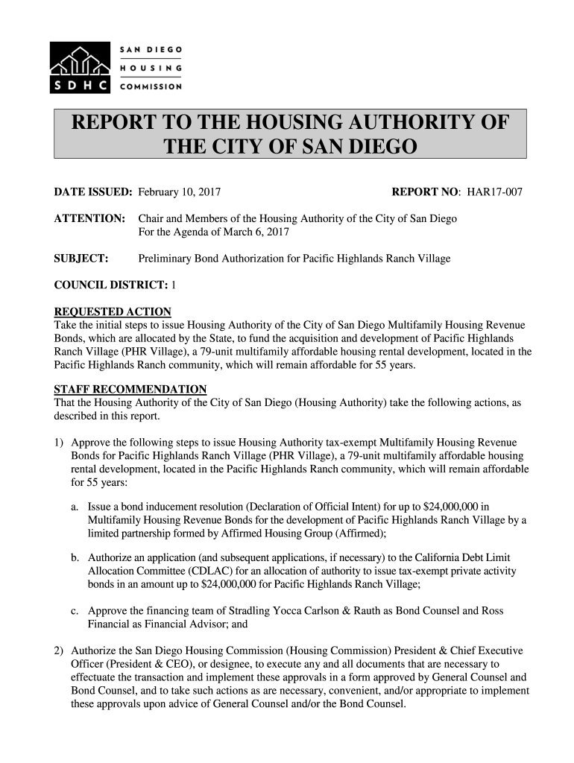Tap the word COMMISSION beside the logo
[x=151, y=86]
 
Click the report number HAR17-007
[x=495, y=192]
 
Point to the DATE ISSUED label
[x=93, y=192]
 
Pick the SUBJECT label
[x=82, y=259]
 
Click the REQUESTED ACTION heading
[x=113, y=311]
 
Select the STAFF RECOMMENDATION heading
[x=130, y=390]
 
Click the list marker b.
[x=75, y=558]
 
